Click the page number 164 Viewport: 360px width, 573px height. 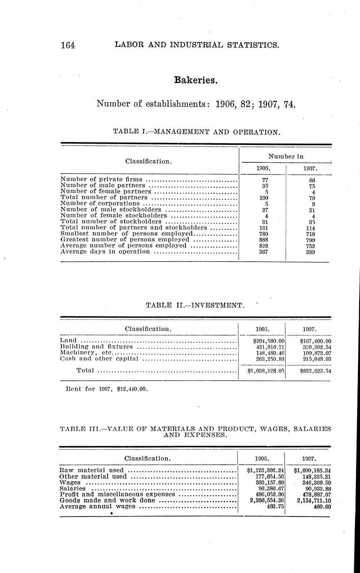[x=67, y=45]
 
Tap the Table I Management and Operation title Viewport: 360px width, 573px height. [x=196, y=132]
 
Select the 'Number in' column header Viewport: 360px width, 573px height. [x=285, y=156]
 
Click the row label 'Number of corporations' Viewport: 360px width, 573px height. [x=100, y=203]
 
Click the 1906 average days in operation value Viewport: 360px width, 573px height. [x=262, y=252]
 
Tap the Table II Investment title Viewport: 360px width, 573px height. [x=195, y=305]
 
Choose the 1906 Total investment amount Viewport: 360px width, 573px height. [x=262, y=371]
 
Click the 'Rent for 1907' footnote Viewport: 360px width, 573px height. [x=107, y=389]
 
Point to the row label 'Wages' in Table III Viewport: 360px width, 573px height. [x=70, y=482]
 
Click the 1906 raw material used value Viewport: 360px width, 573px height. [x=262, y=470]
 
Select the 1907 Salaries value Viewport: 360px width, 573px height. [x=309, y=489]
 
